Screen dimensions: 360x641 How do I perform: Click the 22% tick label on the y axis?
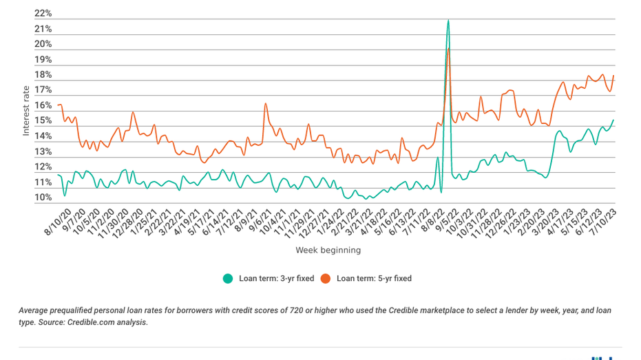[43, 14]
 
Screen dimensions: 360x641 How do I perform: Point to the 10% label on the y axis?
[43, 198]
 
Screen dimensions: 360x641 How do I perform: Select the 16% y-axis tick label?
[43, 106]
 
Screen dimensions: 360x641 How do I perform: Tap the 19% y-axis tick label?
[43, 60]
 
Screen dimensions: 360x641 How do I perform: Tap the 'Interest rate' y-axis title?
[26, 110]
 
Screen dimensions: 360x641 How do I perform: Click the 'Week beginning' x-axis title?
[328, 250]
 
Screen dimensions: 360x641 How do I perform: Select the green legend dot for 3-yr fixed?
[227, 279]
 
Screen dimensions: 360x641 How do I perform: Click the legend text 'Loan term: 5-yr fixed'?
[374, 279]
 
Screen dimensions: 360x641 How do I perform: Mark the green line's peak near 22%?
[448, 20]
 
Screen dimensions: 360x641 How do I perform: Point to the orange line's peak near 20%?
[449, 49]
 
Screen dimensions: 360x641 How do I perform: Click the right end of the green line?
[613, 120]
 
